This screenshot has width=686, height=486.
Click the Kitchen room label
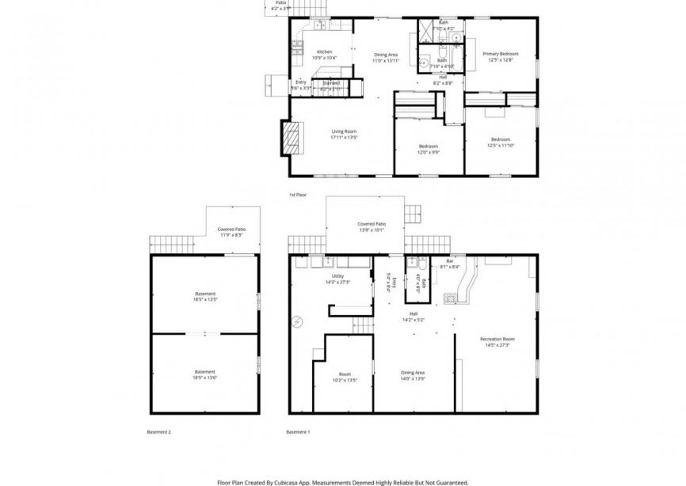(x=325, y=51)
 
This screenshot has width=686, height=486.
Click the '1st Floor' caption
(x=297, y=194)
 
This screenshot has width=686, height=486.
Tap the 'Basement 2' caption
(x=158, y=432)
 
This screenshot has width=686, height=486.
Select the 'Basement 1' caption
(x=298, y=432)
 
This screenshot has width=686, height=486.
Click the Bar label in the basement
(x=449, y=261)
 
